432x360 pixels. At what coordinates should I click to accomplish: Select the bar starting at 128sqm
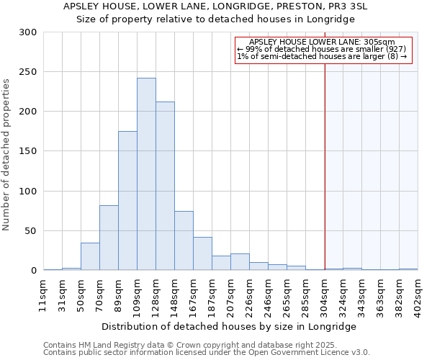click(x=165, y=186)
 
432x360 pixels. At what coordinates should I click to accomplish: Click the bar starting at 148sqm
click(x=184, y=240)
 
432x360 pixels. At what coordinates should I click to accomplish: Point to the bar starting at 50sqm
click(x=90, y=256)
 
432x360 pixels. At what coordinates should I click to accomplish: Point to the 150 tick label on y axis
click(x=28, y=152)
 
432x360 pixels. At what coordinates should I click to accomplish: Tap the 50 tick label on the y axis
click(x=31, y=231)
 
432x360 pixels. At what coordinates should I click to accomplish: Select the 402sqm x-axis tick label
click(x=418, y=293)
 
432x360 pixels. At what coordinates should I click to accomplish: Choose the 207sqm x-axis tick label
click(x=231, y=293)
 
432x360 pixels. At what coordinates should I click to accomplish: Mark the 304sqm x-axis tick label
click(x=325, y=293)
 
